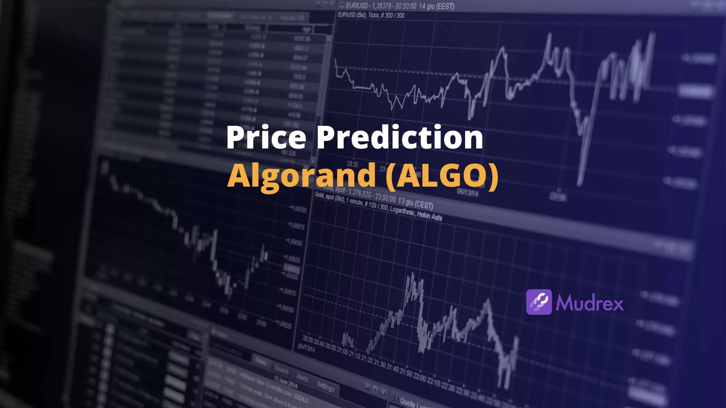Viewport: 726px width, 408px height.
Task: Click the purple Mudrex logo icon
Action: point(539,302)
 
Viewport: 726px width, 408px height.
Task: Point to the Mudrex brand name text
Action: point(589,303)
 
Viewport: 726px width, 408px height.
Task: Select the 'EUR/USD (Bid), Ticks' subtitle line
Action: point(371,15)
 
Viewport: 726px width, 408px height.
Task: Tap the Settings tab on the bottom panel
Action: point(325,386)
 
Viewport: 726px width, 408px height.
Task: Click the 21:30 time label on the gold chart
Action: point(380,363)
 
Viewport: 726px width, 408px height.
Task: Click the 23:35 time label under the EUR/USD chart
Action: point(352,164)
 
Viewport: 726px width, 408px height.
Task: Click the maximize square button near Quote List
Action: point(375,389)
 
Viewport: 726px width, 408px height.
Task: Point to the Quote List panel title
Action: point(412,403)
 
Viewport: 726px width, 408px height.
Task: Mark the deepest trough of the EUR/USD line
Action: point(580,184)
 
